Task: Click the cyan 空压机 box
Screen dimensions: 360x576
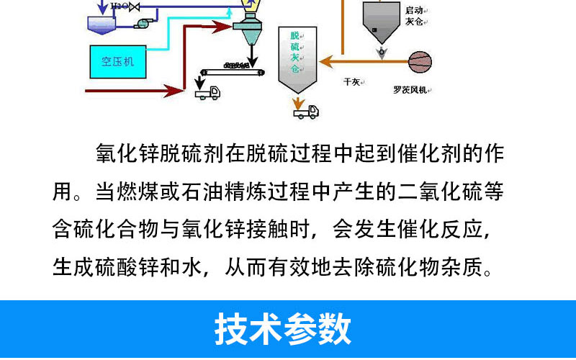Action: (x=118, y=61)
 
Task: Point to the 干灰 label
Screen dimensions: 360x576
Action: (x=352, y=82)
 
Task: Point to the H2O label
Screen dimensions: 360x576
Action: (x=120, y=6)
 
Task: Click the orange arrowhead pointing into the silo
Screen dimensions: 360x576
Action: (x=325, y=60)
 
